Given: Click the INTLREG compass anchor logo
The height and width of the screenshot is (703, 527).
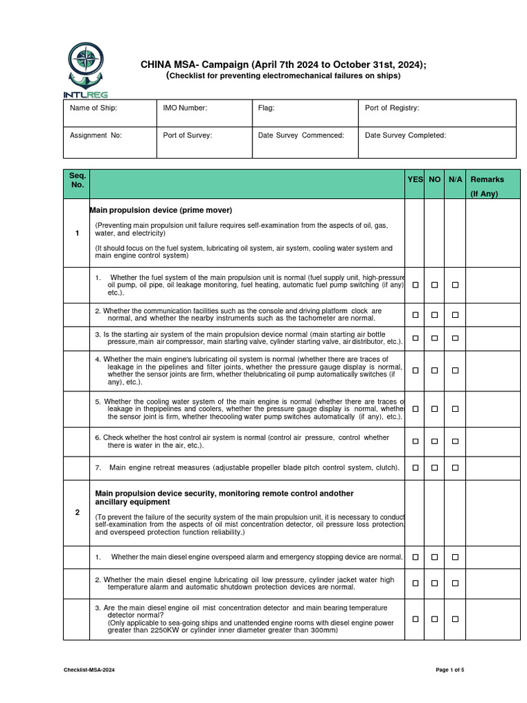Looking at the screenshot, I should click(86, 68).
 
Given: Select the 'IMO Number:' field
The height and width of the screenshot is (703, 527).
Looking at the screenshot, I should click(185, 108).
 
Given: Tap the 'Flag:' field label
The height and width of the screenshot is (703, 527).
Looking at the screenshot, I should click(266, 108).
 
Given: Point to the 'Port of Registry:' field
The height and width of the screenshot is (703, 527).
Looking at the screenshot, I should click(392, 108).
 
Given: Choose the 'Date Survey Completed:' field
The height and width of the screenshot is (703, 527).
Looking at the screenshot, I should click(405, 135).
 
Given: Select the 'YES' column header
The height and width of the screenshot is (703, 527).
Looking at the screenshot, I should click(415, 179).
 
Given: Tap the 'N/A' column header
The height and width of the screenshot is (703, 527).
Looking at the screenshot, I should click(455, 179).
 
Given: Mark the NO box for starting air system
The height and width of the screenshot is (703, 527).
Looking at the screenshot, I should click(434, 338).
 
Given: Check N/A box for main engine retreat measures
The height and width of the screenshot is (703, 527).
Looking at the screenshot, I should click(455, 468).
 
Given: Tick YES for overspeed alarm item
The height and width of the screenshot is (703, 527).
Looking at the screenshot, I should click(415, 557).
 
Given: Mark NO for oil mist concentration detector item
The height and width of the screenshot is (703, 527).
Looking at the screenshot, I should click(434, 619).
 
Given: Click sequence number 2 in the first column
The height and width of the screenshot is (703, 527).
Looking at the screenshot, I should click(77, 512).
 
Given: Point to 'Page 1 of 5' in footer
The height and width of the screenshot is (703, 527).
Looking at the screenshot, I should click(450, 669).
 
